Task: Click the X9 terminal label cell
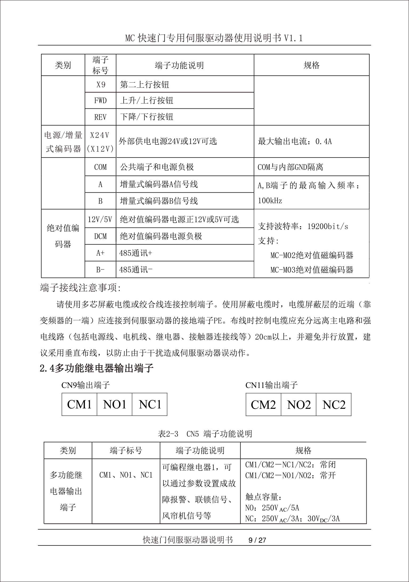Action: click(x=100, y=85)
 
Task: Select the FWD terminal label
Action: click(x=100, y=101)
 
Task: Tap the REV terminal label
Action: click(x=100, y=117)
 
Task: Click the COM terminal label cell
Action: click(x=100, y=167)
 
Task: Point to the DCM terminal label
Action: click(x=100, y=236)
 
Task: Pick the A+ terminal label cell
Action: click(x=100, y=253)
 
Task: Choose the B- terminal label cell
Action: click(x=100, y=270)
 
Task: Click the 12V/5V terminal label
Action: click(x=100, y=219)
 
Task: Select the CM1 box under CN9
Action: click(x=79, y=405)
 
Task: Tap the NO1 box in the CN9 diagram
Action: click(x=115, y=405)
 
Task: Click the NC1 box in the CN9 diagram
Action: click(x=150, y=405)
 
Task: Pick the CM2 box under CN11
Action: click(x=263, y=405)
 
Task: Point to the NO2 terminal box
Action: click(x=299, y=405)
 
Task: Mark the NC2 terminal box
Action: click(x=334, y=405)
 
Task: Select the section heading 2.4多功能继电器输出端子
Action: click(x=97, y=368)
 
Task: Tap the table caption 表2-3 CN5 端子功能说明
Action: click(x=205, y=434)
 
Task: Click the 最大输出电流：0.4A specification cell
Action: click(x=295, y=142)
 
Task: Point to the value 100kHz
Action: click(x=270, y=201)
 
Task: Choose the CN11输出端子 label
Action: click(x=271, y=385)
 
